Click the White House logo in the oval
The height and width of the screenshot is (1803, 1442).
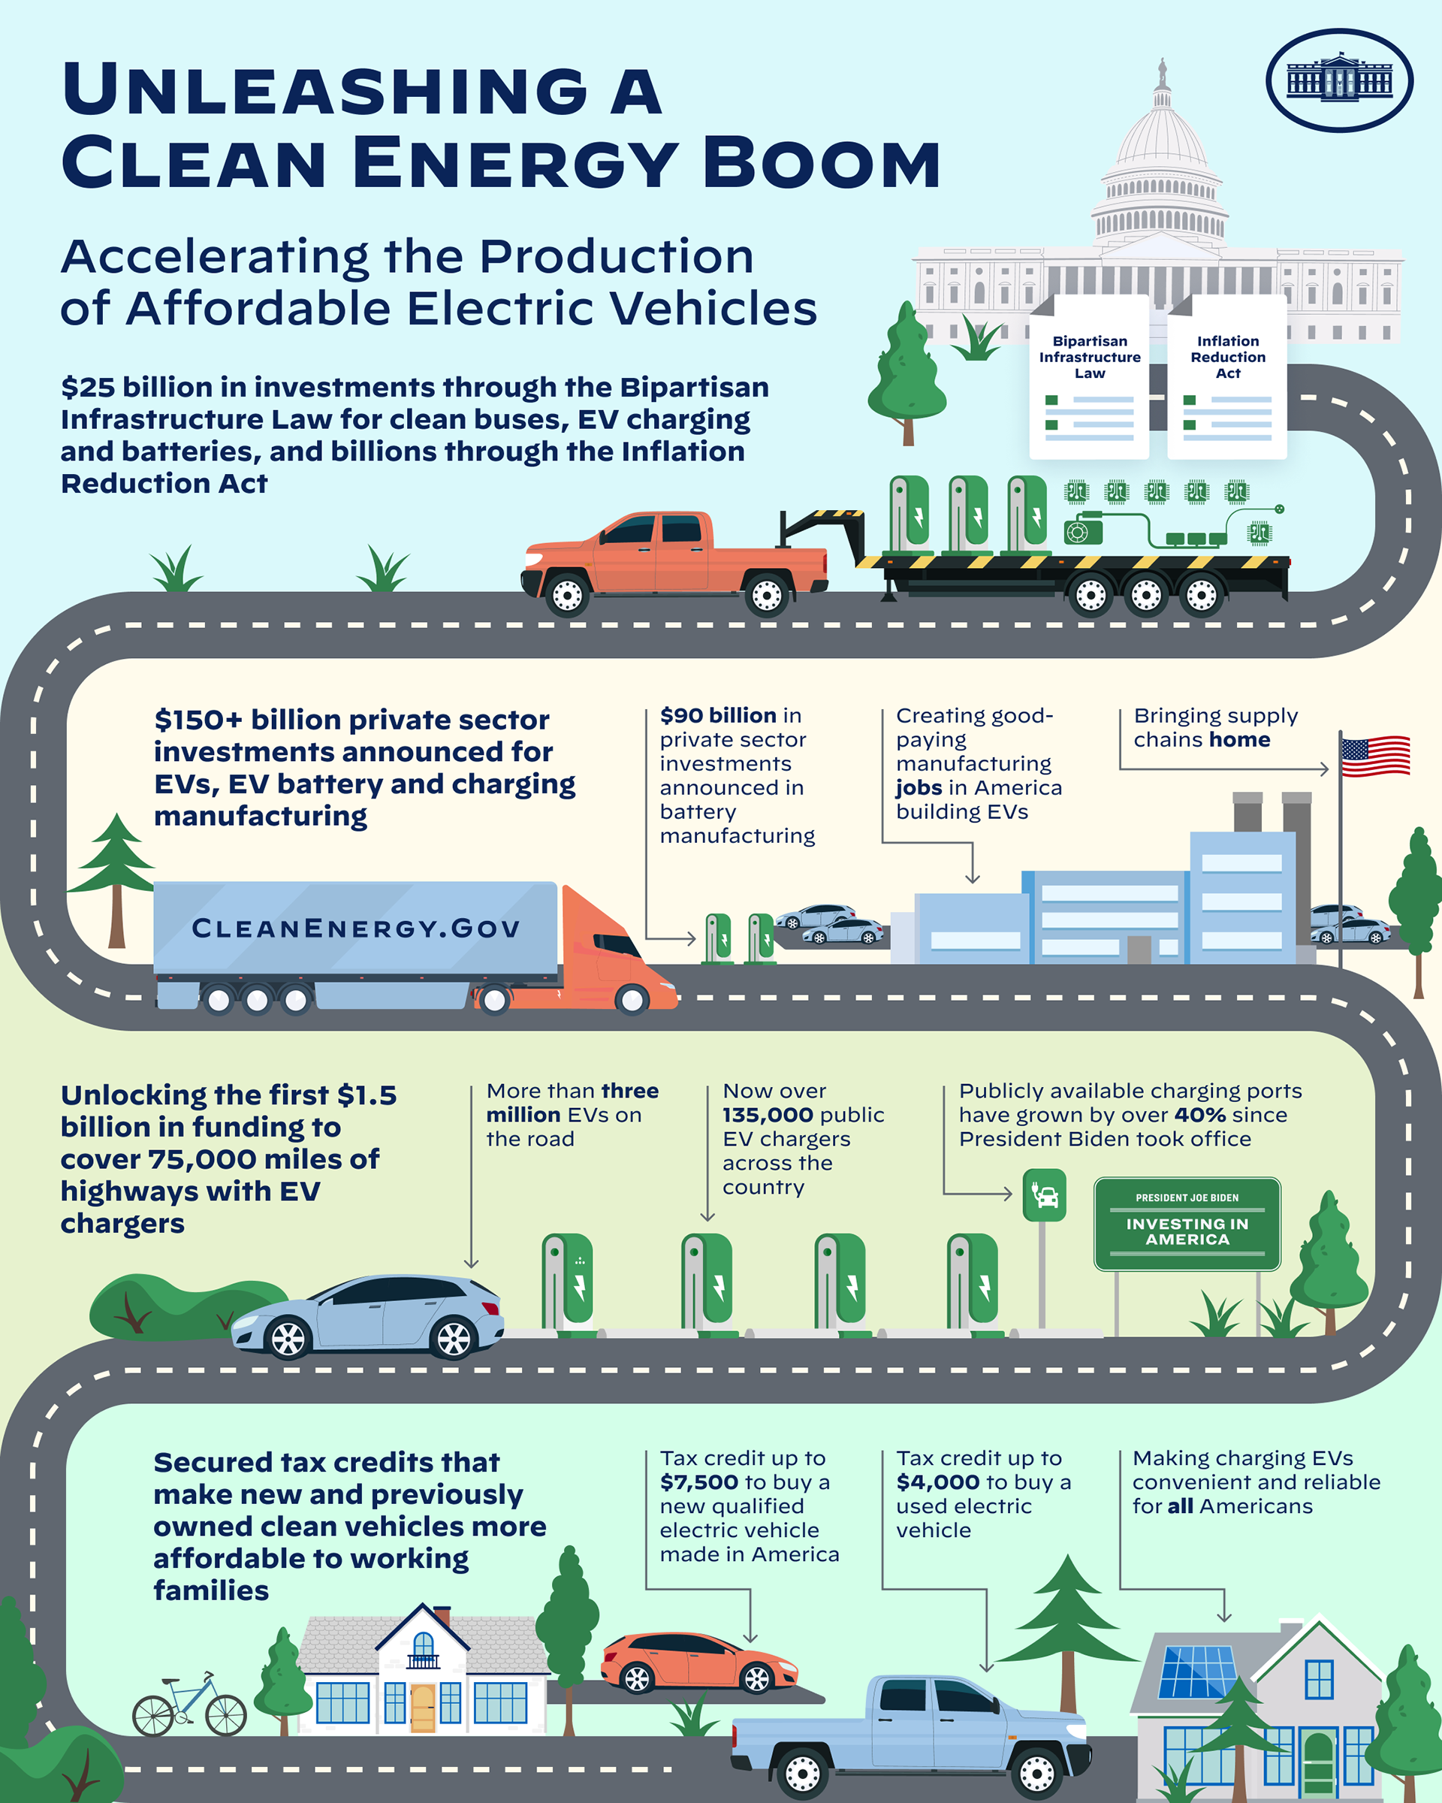(1339, 80)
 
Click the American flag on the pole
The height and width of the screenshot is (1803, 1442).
(1374, 756)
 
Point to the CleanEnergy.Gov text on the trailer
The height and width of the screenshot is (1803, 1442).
(356, 929)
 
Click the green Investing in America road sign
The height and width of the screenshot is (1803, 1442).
(1187, 1225)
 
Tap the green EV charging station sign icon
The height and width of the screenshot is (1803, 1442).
(1044, 1194)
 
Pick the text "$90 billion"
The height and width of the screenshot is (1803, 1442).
(718, 716)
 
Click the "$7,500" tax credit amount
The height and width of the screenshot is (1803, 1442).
(697, 1483)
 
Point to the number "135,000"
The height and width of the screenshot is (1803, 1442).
(768, 1115)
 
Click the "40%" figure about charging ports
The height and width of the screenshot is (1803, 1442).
(1199, 1115)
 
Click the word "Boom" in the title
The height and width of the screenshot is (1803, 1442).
(822, 163)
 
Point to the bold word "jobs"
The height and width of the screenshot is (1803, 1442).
(919, 788)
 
